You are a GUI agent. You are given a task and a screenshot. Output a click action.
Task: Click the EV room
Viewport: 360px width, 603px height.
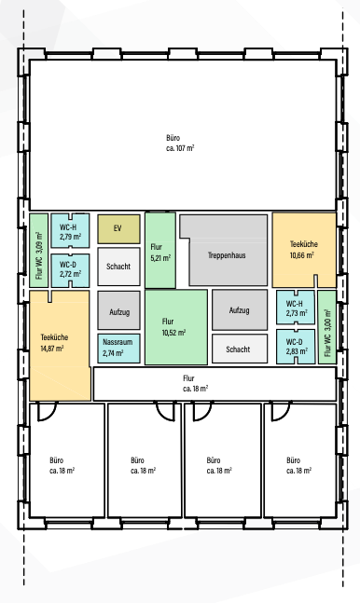point(118,229)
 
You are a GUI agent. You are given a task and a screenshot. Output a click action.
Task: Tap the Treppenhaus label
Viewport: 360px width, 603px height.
point(227,255)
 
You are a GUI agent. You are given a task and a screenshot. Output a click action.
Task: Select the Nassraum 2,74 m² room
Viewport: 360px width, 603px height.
point(118,348)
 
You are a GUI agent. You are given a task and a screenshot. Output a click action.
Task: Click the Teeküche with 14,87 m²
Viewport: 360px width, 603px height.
point(60,346)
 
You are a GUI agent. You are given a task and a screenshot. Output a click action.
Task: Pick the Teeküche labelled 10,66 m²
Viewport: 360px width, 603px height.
point(304,250)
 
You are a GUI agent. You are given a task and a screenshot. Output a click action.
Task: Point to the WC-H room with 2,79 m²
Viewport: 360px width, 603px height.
point(71,231)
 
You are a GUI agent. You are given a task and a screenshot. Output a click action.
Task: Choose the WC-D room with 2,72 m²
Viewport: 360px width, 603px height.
point(71,270)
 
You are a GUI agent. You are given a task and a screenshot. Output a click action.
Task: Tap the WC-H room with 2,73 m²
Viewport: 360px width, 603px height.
point(296,308)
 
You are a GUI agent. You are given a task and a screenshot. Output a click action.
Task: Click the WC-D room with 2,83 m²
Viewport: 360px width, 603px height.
point(296,347)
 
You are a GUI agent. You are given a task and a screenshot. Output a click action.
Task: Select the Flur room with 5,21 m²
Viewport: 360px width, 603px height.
point(160,251)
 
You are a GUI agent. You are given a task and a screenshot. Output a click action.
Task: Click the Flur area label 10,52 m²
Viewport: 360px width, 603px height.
point(174,333)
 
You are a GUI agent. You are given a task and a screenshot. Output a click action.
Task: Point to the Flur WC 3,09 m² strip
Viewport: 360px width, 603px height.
point(39,251)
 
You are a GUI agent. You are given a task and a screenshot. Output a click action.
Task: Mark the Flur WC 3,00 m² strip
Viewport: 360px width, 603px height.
point(326,327)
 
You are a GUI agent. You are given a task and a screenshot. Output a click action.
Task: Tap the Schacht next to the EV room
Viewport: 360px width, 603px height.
point(118,267)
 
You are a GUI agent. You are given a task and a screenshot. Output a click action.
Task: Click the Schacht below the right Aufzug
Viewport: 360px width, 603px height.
point(240,349)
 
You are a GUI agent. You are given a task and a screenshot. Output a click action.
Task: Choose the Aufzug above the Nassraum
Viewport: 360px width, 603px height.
point(118,310)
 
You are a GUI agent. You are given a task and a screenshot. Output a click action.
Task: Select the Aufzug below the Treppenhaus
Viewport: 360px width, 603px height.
point(240,310)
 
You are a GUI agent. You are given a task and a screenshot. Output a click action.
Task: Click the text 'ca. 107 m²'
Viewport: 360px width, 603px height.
point(180,148)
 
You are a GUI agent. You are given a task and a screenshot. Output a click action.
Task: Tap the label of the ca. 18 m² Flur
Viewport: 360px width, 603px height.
point(188,383)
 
